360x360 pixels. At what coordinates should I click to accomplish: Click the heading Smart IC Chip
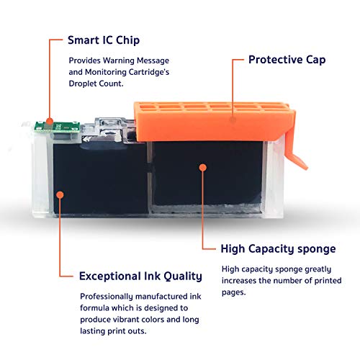[104, 40]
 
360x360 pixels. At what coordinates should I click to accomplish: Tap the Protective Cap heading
[287, 60]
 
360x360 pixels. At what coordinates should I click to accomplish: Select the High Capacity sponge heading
[278, 249]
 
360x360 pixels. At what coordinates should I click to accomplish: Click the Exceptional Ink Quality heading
[140, 276]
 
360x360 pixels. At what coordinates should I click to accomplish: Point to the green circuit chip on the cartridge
[57, 127]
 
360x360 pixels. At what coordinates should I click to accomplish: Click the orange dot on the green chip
[50, 121]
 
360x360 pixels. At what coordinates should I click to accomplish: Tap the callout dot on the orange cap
[233, 120]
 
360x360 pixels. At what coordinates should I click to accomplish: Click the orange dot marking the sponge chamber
[203, 168]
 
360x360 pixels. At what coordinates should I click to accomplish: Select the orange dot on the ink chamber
[60, 194]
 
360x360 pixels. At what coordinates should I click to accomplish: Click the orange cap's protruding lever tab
[294, 153]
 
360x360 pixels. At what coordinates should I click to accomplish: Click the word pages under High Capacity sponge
[233, 292]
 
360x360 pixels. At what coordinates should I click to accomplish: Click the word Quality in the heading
[183, 276]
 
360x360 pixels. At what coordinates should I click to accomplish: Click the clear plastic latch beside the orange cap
[110, 130]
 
